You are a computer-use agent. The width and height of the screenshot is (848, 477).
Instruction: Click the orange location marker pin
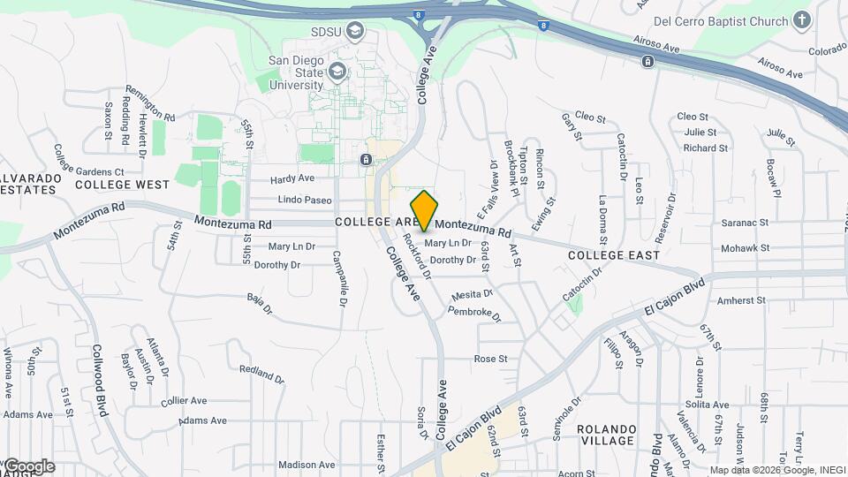425,210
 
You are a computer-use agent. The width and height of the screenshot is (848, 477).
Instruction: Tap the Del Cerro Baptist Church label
720,20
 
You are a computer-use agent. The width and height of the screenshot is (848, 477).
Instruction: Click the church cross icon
801,19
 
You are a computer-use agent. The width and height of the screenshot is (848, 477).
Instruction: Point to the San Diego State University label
296,72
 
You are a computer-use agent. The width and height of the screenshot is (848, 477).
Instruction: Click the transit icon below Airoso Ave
647,61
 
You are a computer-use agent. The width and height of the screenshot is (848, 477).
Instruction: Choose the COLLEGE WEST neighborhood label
122,185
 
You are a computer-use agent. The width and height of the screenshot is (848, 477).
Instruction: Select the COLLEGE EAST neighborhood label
614,255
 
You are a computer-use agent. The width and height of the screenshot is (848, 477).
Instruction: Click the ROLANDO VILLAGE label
606,435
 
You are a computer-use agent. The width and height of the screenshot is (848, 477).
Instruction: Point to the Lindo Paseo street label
305,200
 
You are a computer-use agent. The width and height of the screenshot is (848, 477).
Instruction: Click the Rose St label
491,359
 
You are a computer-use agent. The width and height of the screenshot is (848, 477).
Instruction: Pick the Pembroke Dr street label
474,314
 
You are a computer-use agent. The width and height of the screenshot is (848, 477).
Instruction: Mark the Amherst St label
741,300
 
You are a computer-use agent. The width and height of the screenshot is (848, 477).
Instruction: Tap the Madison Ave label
307,465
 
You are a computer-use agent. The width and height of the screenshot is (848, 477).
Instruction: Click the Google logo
28,466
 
